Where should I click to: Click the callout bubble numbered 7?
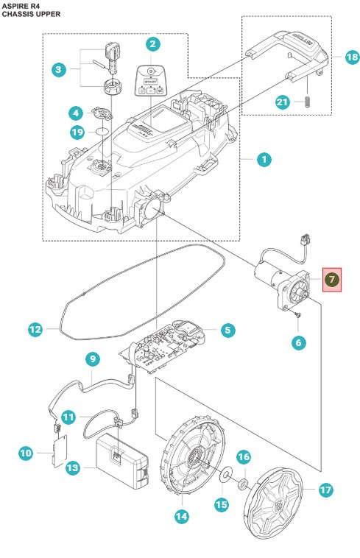(x=332, y=280)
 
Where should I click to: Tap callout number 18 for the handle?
(x=351, y=57)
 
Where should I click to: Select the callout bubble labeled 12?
(x=35, y=331)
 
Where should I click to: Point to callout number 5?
(x=227, y=331)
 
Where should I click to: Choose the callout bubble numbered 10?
(x=26, y=453)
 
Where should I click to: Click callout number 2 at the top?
(x=152, y=45)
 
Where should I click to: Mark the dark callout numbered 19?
(x=77, y=133)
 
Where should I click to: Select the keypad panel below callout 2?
(x=152, y=82)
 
